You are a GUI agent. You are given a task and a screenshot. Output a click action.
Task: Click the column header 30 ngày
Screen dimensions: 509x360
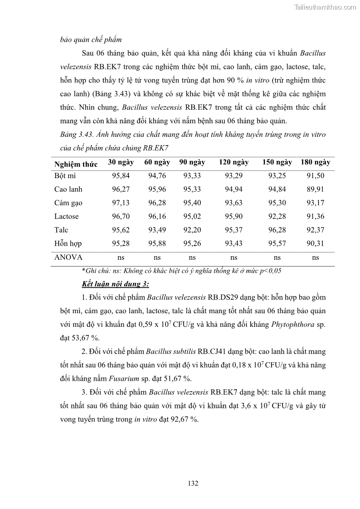tap(121, 162)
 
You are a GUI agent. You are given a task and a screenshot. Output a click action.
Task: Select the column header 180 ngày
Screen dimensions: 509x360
tap(316, 162)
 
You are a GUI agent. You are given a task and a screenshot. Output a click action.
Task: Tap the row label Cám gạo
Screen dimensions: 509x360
tap(68, 203)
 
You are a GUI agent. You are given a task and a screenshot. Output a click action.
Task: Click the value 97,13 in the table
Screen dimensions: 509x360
tap(121, 203)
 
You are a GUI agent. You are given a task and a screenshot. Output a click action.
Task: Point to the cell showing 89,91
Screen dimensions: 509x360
tap(316, 189)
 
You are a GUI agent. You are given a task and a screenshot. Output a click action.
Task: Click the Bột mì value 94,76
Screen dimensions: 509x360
tap(157, 176)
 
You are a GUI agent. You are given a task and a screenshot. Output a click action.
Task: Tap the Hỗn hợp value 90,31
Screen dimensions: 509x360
tap(316, 244)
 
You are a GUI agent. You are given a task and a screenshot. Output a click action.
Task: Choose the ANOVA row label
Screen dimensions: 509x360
tap(68, 257)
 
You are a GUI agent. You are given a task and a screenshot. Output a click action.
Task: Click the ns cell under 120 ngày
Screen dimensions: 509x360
tap(234, 257)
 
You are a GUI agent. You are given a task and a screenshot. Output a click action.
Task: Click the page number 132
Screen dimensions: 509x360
tap(193, 483)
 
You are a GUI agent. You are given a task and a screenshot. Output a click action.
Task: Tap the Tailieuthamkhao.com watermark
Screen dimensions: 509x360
tap(326, 7)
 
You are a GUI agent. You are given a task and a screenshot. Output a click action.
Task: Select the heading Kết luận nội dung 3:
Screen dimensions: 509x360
tap(116, 284)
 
